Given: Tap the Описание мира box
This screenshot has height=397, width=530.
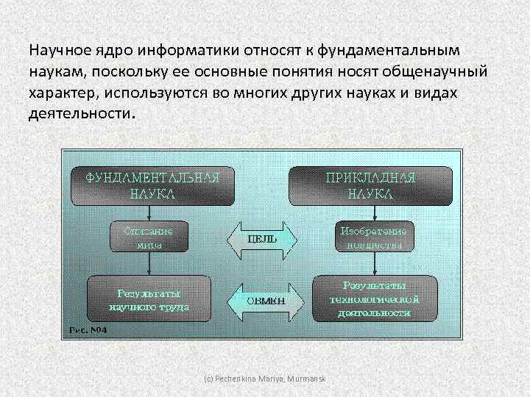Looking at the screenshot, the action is pyautogui.click(x=148, y=237).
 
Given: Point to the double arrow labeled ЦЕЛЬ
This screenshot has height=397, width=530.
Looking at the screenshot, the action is pyautogui.click(x=262, y=238).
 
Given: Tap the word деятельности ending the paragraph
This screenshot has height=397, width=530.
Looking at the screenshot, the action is pyautogui.click(x=82, y=115).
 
